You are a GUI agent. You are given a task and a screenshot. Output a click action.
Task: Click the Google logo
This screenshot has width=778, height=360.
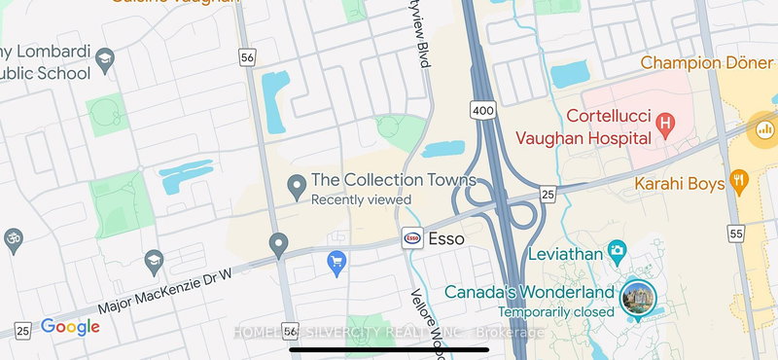[x=70, y=327]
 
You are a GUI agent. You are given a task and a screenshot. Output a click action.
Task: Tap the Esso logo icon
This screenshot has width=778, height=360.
[x=412, y=237]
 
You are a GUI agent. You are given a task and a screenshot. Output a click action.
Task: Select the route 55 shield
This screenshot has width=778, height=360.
[x=735, y=234]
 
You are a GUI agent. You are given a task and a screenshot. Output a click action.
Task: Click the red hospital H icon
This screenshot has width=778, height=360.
[x=665, y=124]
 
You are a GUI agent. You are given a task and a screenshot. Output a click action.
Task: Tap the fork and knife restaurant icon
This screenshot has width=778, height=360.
[x=739, y=179]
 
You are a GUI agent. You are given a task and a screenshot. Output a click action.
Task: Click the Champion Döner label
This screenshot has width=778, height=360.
[x=707, y=62]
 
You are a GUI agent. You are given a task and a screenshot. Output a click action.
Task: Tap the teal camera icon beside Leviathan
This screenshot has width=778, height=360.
[x=616, y=253]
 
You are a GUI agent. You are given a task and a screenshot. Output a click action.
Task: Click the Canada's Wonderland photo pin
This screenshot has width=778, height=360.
[x=638, y=297]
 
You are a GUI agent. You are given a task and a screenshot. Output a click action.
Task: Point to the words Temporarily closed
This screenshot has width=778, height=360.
[x=555, y=312]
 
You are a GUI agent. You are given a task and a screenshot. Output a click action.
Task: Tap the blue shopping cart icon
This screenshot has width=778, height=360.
[x=336, y=263]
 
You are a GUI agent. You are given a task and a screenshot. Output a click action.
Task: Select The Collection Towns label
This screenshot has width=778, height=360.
[x=393, y=180]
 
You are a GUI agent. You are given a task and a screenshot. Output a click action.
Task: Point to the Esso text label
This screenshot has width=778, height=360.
[x=446, y=238]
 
